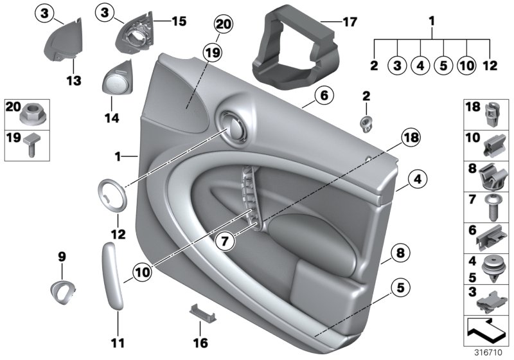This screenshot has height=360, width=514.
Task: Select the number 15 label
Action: point(178,21)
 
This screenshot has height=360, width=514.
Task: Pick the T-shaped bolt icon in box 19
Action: point(31,143)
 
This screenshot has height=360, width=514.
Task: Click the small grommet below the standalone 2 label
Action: point(366,120)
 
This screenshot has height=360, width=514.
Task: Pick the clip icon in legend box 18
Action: point(492,114)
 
